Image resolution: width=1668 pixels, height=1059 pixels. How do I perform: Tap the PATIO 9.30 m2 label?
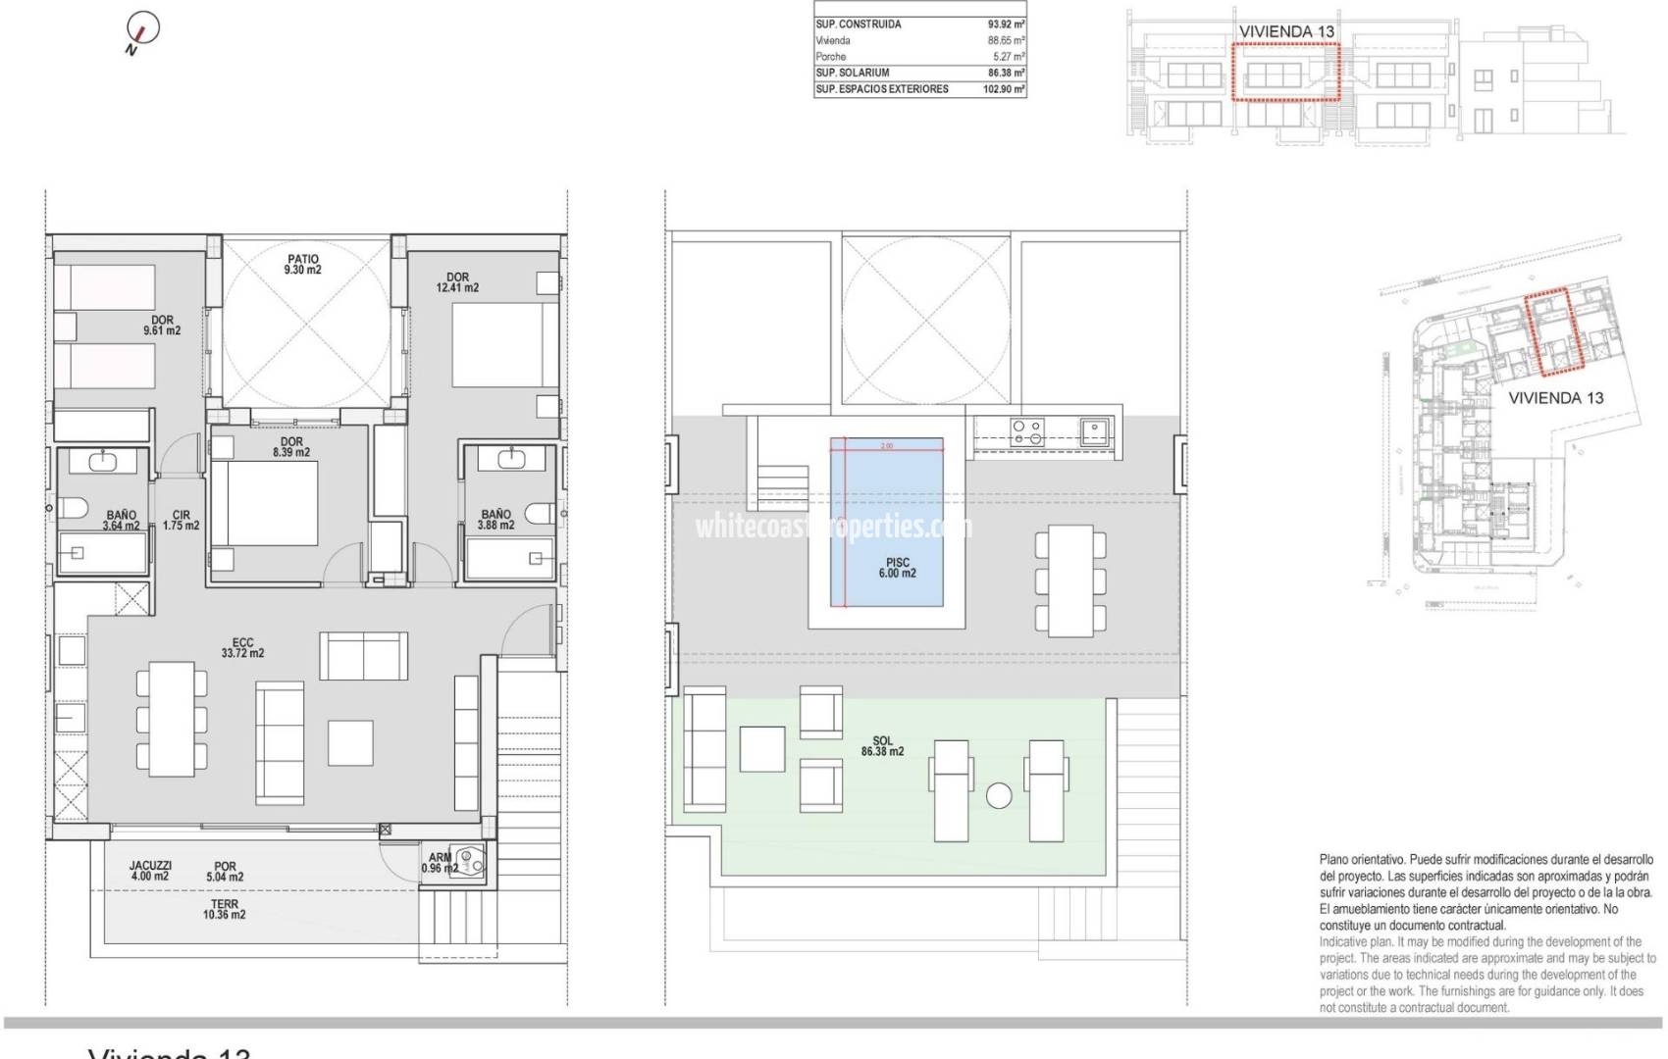(x=303, y=265)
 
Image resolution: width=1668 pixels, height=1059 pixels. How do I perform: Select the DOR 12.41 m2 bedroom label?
(x=457, y=282)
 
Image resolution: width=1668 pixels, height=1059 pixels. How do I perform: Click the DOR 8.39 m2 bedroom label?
(x=291, y=447)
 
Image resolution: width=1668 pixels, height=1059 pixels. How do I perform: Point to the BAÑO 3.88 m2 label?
(x=495, y=520)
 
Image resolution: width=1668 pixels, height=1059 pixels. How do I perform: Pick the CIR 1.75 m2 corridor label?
(x=181, y=520)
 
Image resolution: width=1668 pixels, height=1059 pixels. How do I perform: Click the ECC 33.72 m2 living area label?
(x=242, y=647)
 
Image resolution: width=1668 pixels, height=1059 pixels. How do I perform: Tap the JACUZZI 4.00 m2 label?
(x=150, y=871)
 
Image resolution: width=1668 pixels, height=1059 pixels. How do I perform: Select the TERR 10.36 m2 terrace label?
(x=224, y=909)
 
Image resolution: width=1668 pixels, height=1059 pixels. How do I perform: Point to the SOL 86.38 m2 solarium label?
(x=882, y=746)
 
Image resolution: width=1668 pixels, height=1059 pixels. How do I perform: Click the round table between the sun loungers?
(x=999, y=795)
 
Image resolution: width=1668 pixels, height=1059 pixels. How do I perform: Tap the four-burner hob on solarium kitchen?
(x=1027, y=431)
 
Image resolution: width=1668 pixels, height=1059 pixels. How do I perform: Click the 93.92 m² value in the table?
(x=1006, y=25)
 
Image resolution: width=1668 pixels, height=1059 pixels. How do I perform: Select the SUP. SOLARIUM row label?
(x=853, y=73)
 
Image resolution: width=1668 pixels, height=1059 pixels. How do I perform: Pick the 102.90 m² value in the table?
(x=1004, y=89)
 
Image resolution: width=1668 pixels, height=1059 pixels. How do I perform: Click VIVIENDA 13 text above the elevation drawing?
(x=1286, y=31)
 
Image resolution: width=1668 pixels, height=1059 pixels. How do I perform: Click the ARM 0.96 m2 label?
(x=440, y=863)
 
